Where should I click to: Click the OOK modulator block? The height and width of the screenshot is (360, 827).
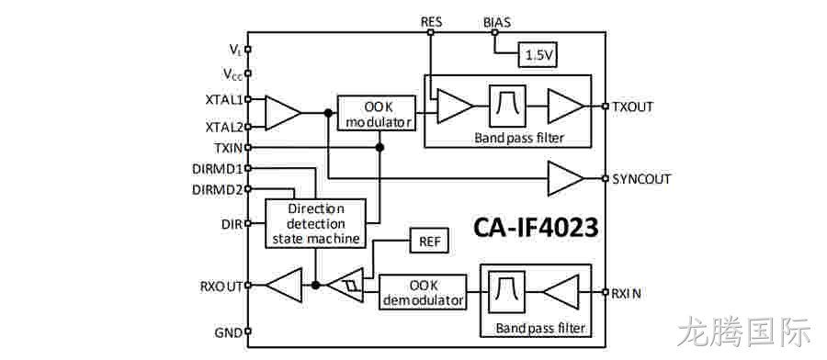376,113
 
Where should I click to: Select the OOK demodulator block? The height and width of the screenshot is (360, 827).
423,292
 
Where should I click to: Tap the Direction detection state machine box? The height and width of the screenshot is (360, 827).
315,223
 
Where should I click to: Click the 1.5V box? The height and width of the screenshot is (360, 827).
538,55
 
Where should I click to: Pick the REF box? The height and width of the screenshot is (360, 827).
429,242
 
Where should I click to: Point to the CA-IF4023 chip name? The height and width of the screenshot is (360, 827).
536,228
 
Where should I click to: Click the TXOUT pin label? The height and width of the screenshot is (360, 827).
633,107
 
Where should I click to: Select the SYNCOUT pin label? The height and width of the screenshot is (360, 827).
641,179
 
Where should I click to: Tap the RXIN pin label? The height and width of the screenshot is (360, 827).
626,294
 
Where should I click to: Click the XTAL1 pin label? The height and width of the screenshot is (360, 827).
224,99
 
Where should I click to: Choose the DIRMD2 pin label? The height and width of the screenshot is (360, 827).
217,188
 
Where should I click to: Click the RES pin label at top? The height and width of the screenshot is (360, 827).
432,22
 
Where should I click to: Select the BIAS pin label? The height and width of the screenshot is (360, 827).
497,23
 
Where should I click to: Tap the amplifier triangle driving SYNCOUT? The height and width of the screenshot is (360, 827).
565,178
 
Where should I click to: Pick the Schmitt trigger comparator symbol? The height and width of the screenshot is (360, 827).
346,286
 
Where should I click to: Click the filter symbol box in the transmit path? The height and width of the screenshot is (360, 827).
508,106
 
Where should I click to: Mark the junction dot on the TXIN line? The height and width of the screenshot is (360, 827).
380,148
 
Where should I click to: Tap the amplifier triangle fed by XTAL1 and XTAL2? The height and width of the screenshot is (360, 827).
283,113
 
